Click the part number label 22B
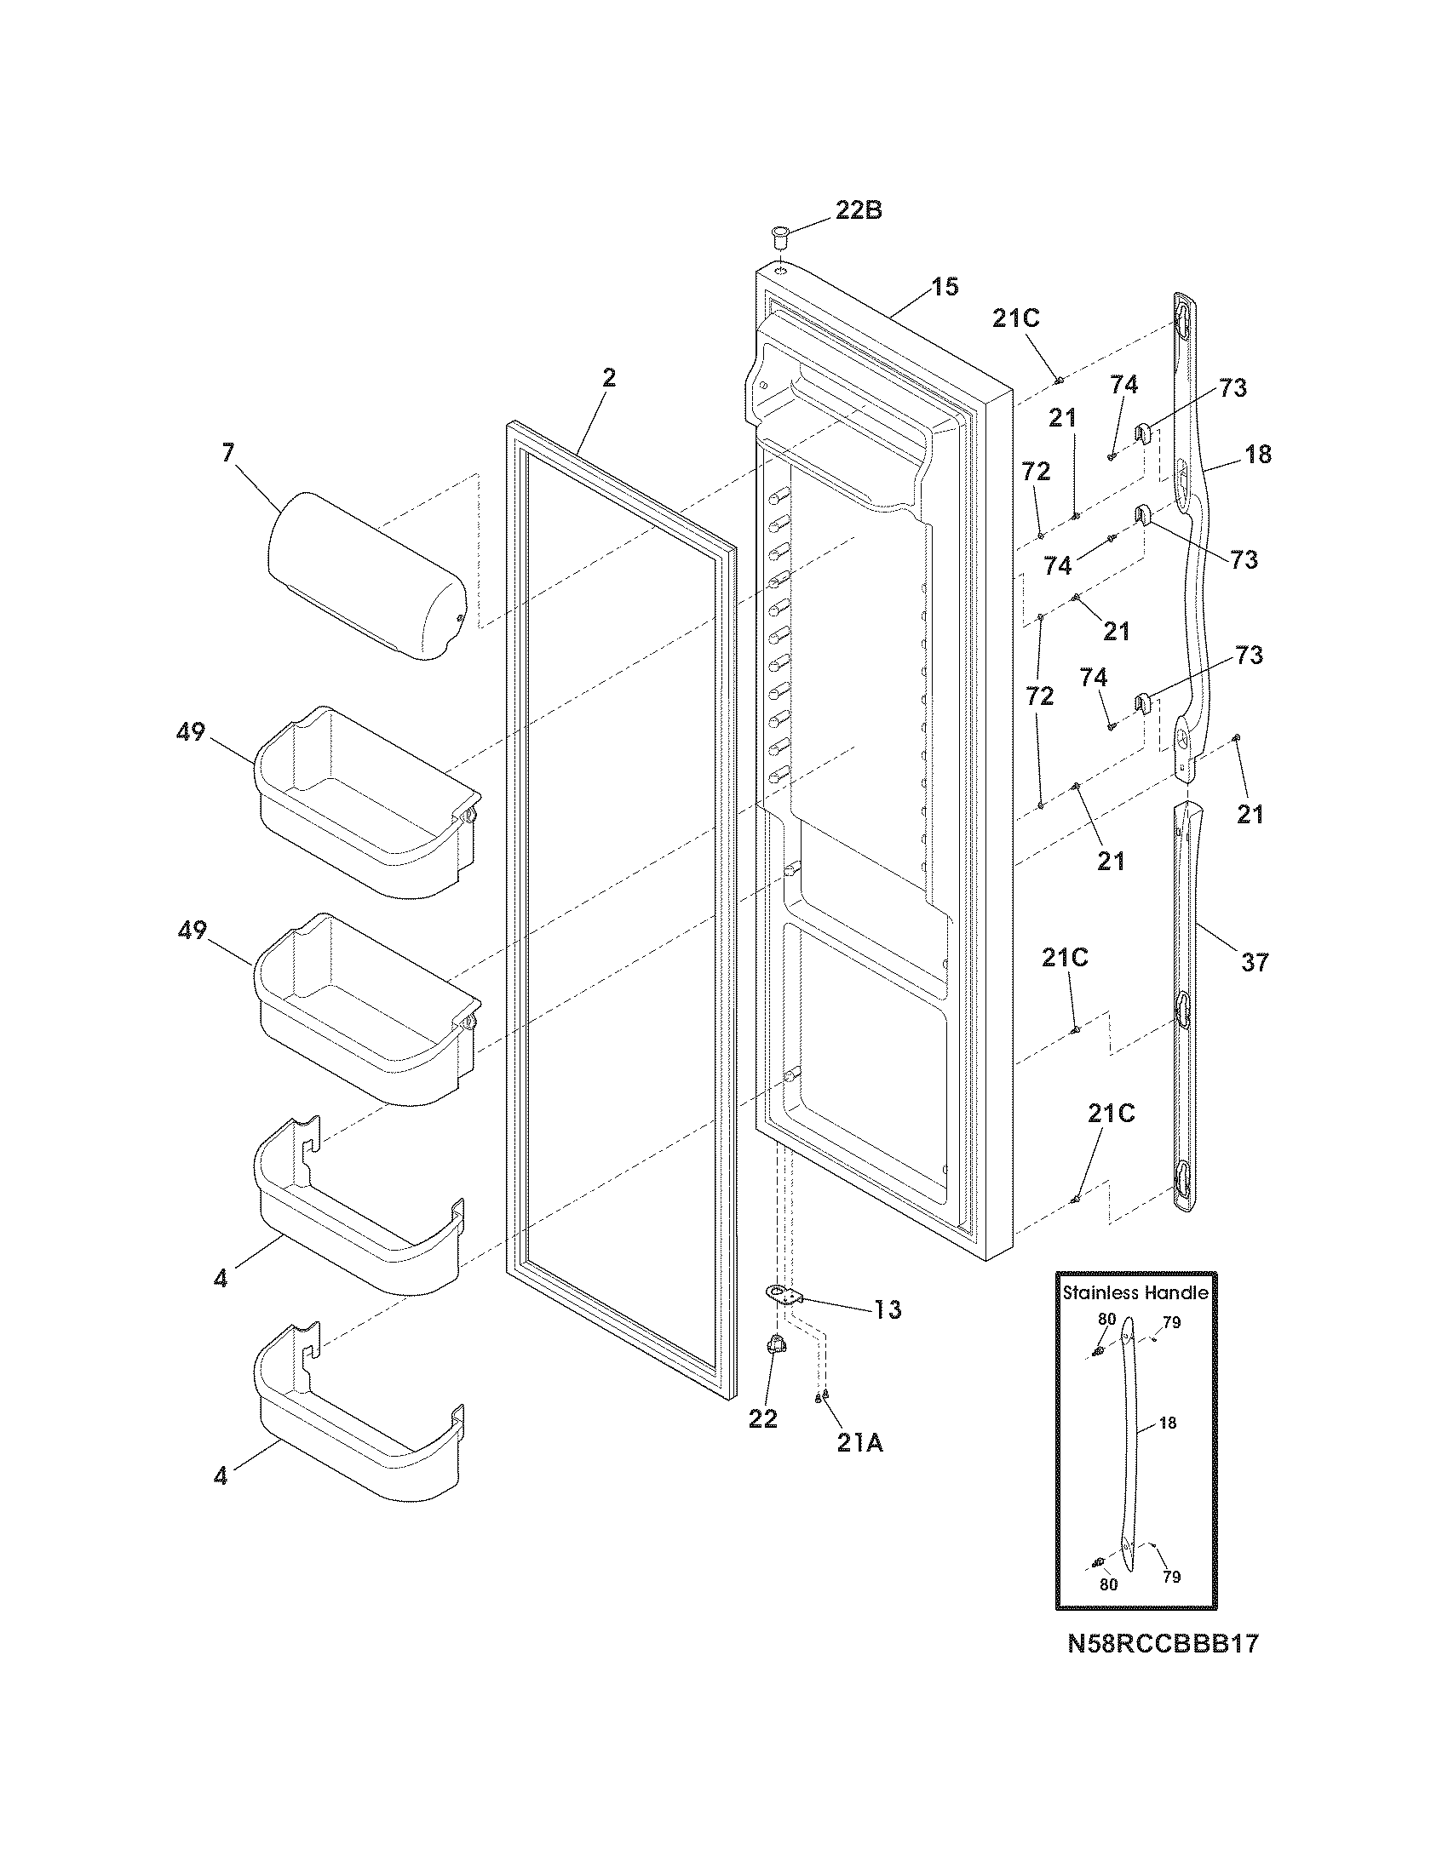(x=858, y=211)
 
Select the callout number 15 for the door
(x=945, y=286)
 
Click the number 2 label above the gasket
(x=608, y=378)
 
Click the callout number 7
(x=227, y=453)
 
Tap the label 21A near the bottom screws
(x=859, y=1444)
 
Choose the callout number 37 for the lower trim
(x=1253, y=963)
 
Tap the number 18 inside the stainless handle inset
(x=1168, y=1423)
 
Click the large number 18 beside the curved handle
(x=1257, y=455)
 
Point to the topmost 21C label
(x=1015, y=319)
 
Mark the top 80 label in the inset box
(x=1107, y=1320)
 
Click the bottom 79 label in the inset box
(x=1171, y=1576)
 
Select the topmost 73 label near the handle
(x=1233, y=388)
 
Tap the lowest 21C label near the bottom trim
(x=1112, y=1114)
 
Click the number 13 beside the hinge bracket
(x=887, y=1309)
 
